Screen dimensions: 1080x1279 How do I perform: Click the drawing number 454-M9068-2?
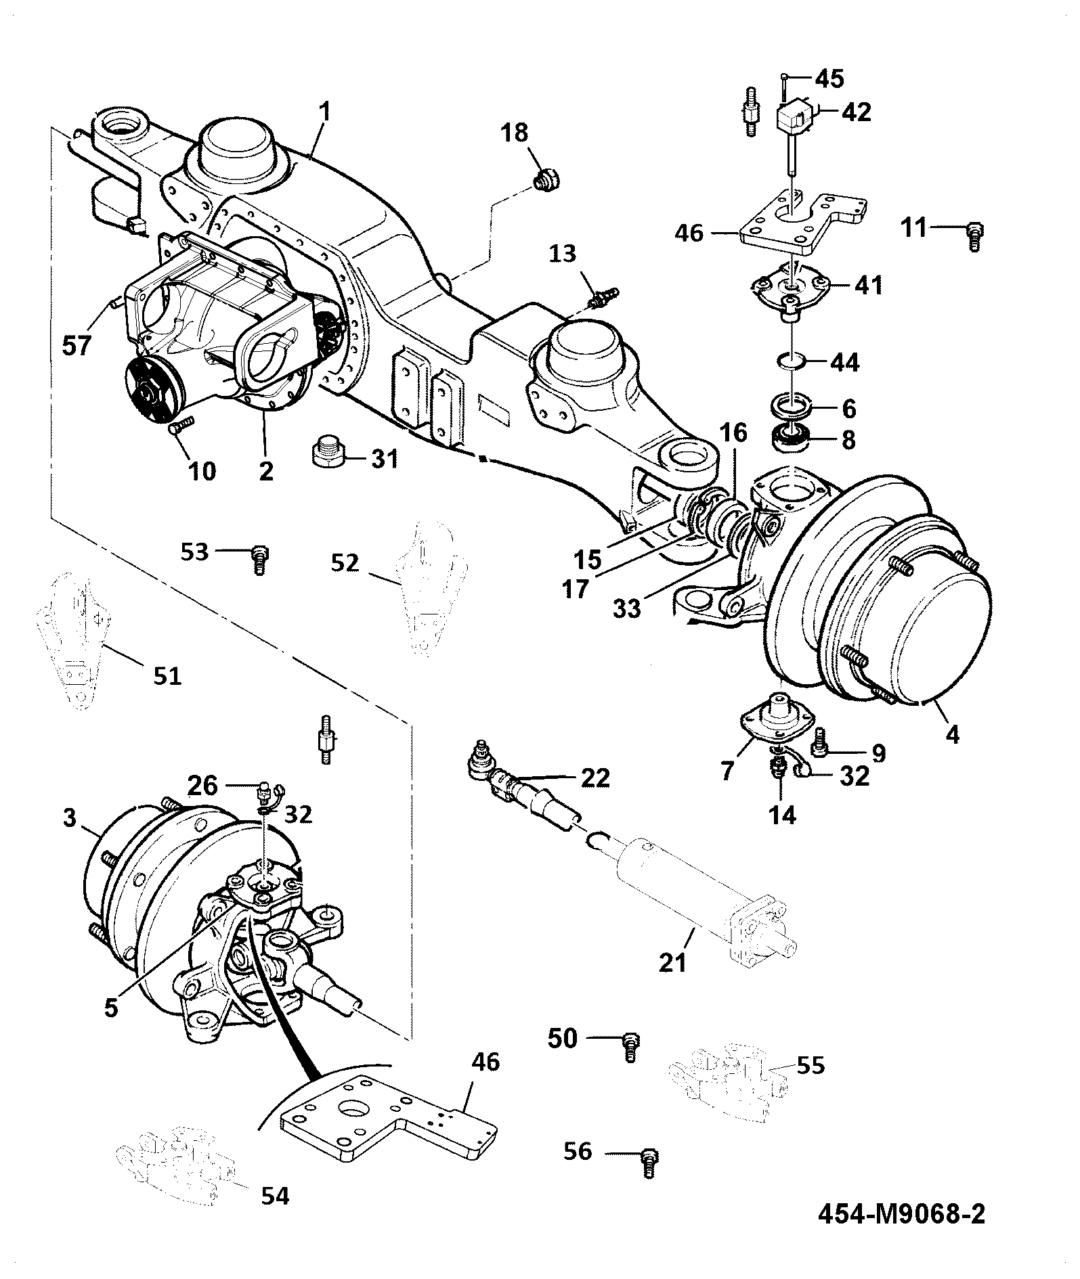(901, 1213)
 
